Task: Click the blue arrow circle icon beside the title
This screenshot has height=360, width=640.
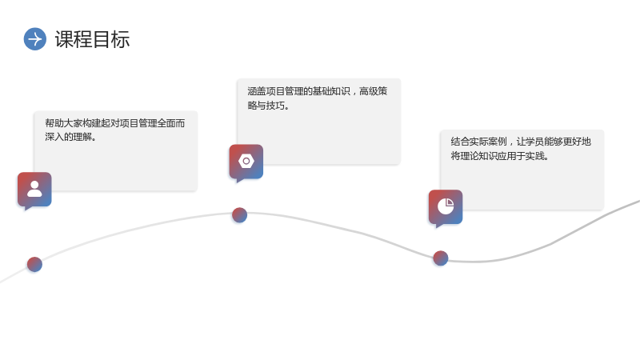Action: [35, 39]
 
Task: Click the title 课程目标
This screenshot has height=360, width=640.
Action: [92, 39]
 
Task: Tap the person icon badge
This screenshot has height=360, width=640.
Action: [34, 190]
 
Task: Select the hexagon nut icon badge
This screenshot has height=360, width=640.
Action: [246, 162]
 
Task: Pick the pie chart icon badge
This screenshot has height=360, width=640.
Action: [446, 207]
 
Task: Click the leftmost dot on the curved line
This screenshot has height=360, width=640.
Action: [34, 265]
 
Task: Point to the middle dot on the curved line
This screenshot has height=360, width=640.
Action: [239, 215]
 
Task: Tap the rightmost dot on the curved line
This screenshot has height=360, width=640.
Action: [441, 258]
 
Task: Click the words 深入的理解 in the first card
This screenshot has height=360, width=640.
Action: [69, 137]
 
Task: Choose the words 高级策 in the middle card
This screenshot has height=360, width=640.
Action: [373, 91]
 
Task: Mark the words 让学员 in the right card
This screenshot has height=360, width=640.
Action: [530, 142]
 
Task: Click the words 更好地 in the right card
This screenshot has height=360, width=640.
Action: [577, 142]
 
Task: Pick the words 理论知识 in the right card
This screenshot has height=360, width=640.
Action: [478, 156]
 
